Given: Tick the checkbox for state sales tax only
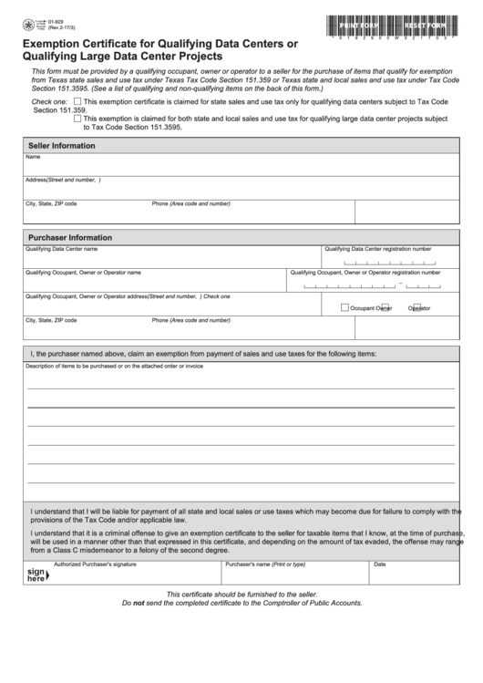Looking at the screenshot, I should pos(77,101).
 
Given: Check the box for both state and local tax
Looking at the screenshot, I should pos(77,119).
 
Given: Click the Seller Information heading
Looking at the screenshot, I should pos(61,145).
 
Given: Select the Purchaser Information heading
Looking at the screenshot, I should pos(70,237).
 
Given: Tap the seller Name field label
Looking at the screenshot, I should pos(33,157).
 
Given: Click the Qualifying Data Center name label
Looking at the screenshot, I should pos(61,249).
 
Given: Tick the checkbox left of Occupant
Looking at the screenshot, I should pos(344,307).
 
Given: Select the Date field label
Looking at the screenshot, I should pos(379,564).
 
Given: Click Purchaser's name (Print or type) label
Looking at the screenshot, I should pos(264,564).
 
